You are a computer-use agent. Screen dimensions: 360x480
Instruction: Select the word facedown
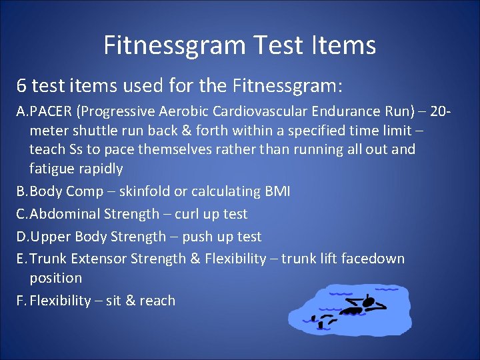pos(372,259)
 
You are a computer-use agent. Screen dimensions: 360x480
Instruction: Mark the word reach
pos(157,301)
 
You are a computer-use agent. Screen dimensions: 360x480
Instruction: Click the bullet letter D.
pos(21,237)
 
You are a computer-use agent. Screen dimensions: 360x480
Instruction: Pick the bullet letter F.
pos(20,301)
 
